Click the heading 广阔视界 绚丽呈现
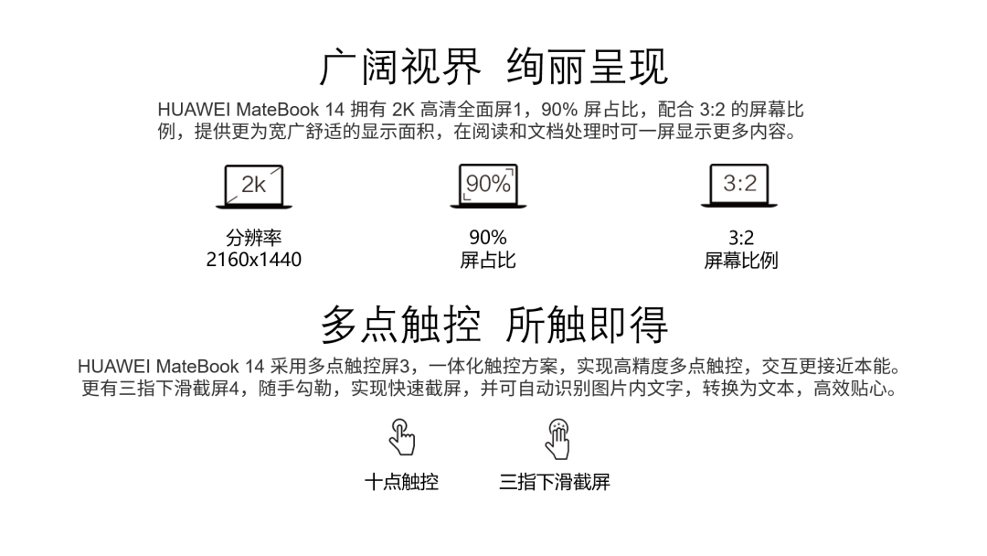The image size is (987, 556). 493,66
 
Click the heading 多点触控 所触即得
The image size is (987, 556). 493,323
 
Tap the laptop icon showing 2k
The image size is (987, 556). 254,186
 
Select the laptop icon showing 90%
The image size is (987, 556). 488,186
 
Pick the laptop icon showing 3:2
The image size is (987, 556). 740,186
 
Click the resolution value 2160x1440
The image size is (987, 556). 254,260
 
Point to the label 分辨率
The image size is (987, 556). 254,239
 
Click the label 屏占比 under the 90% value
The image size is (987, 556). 488,260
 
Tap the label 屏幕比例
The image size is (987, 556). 740,260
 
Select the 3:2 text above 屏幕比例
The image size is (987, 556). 740,239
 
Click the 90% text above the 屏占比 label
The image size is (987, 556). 488,239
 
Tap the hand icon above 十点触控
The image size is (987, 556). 402,437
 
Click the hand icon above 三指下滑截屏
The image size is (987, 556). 557,437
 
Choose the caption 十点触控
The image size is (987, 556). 402,481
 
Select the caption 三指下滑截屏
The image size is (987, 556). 555,481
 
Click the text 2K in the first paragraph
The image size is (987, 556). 402,110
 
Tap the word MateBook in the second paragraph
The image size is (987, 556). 197,367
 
